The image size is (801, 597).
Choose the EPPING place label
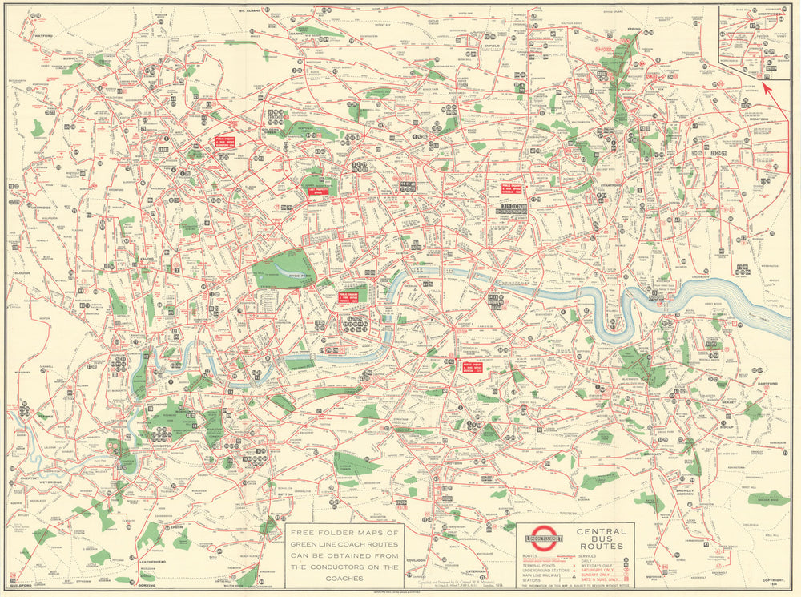(634, 37)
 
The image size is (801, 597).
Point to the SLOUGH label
(22, 272)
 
